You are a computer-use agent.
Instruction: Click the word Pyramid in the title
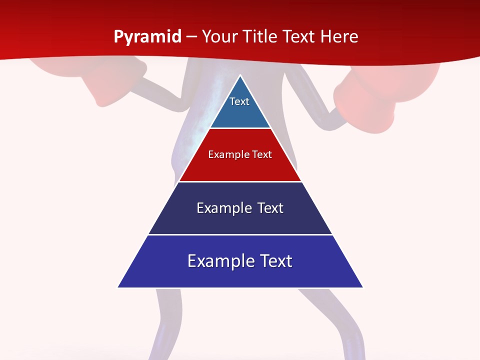point(147,37)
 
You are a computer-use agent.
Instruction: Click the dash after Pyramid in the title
point(191,37)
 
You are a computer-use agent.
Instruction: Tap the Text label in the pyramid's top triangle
point(239,101)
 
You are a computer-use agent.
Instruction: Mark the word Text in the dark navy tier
point(270,208)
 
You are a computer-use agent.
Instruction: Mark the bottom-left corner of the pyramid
point(118,287)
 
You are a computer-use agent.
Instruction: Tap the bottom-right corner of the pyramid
point(362,287)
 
